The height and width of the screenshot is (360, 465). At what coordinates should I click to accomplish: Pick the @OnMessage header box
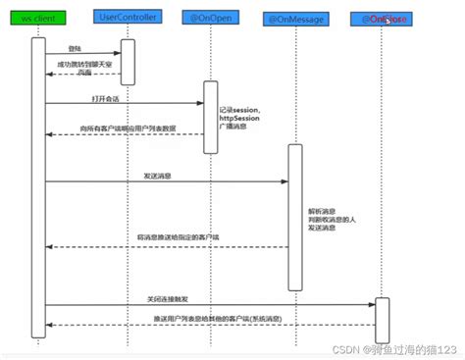(x=293, y=19)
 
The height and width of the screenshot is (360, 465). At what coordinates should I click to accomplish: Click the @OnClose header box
(x=382, y=18)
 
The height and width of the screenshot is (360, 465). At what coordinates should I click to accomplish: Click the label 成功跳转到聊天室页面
(x=83, y=68)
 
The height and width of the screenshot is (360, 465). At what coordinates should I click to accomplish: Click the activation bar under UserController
(x=128, y=58)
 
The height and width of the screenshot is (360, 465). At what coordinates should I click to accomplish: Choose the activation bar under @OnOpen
(x=209, y=117)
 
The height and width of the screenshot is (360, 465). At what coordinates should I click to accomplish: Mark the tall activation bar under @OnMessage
(x=293, y=217)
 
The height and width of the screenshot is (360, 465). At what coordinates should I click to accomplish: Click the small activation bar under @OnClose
(x=382, y=313)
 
